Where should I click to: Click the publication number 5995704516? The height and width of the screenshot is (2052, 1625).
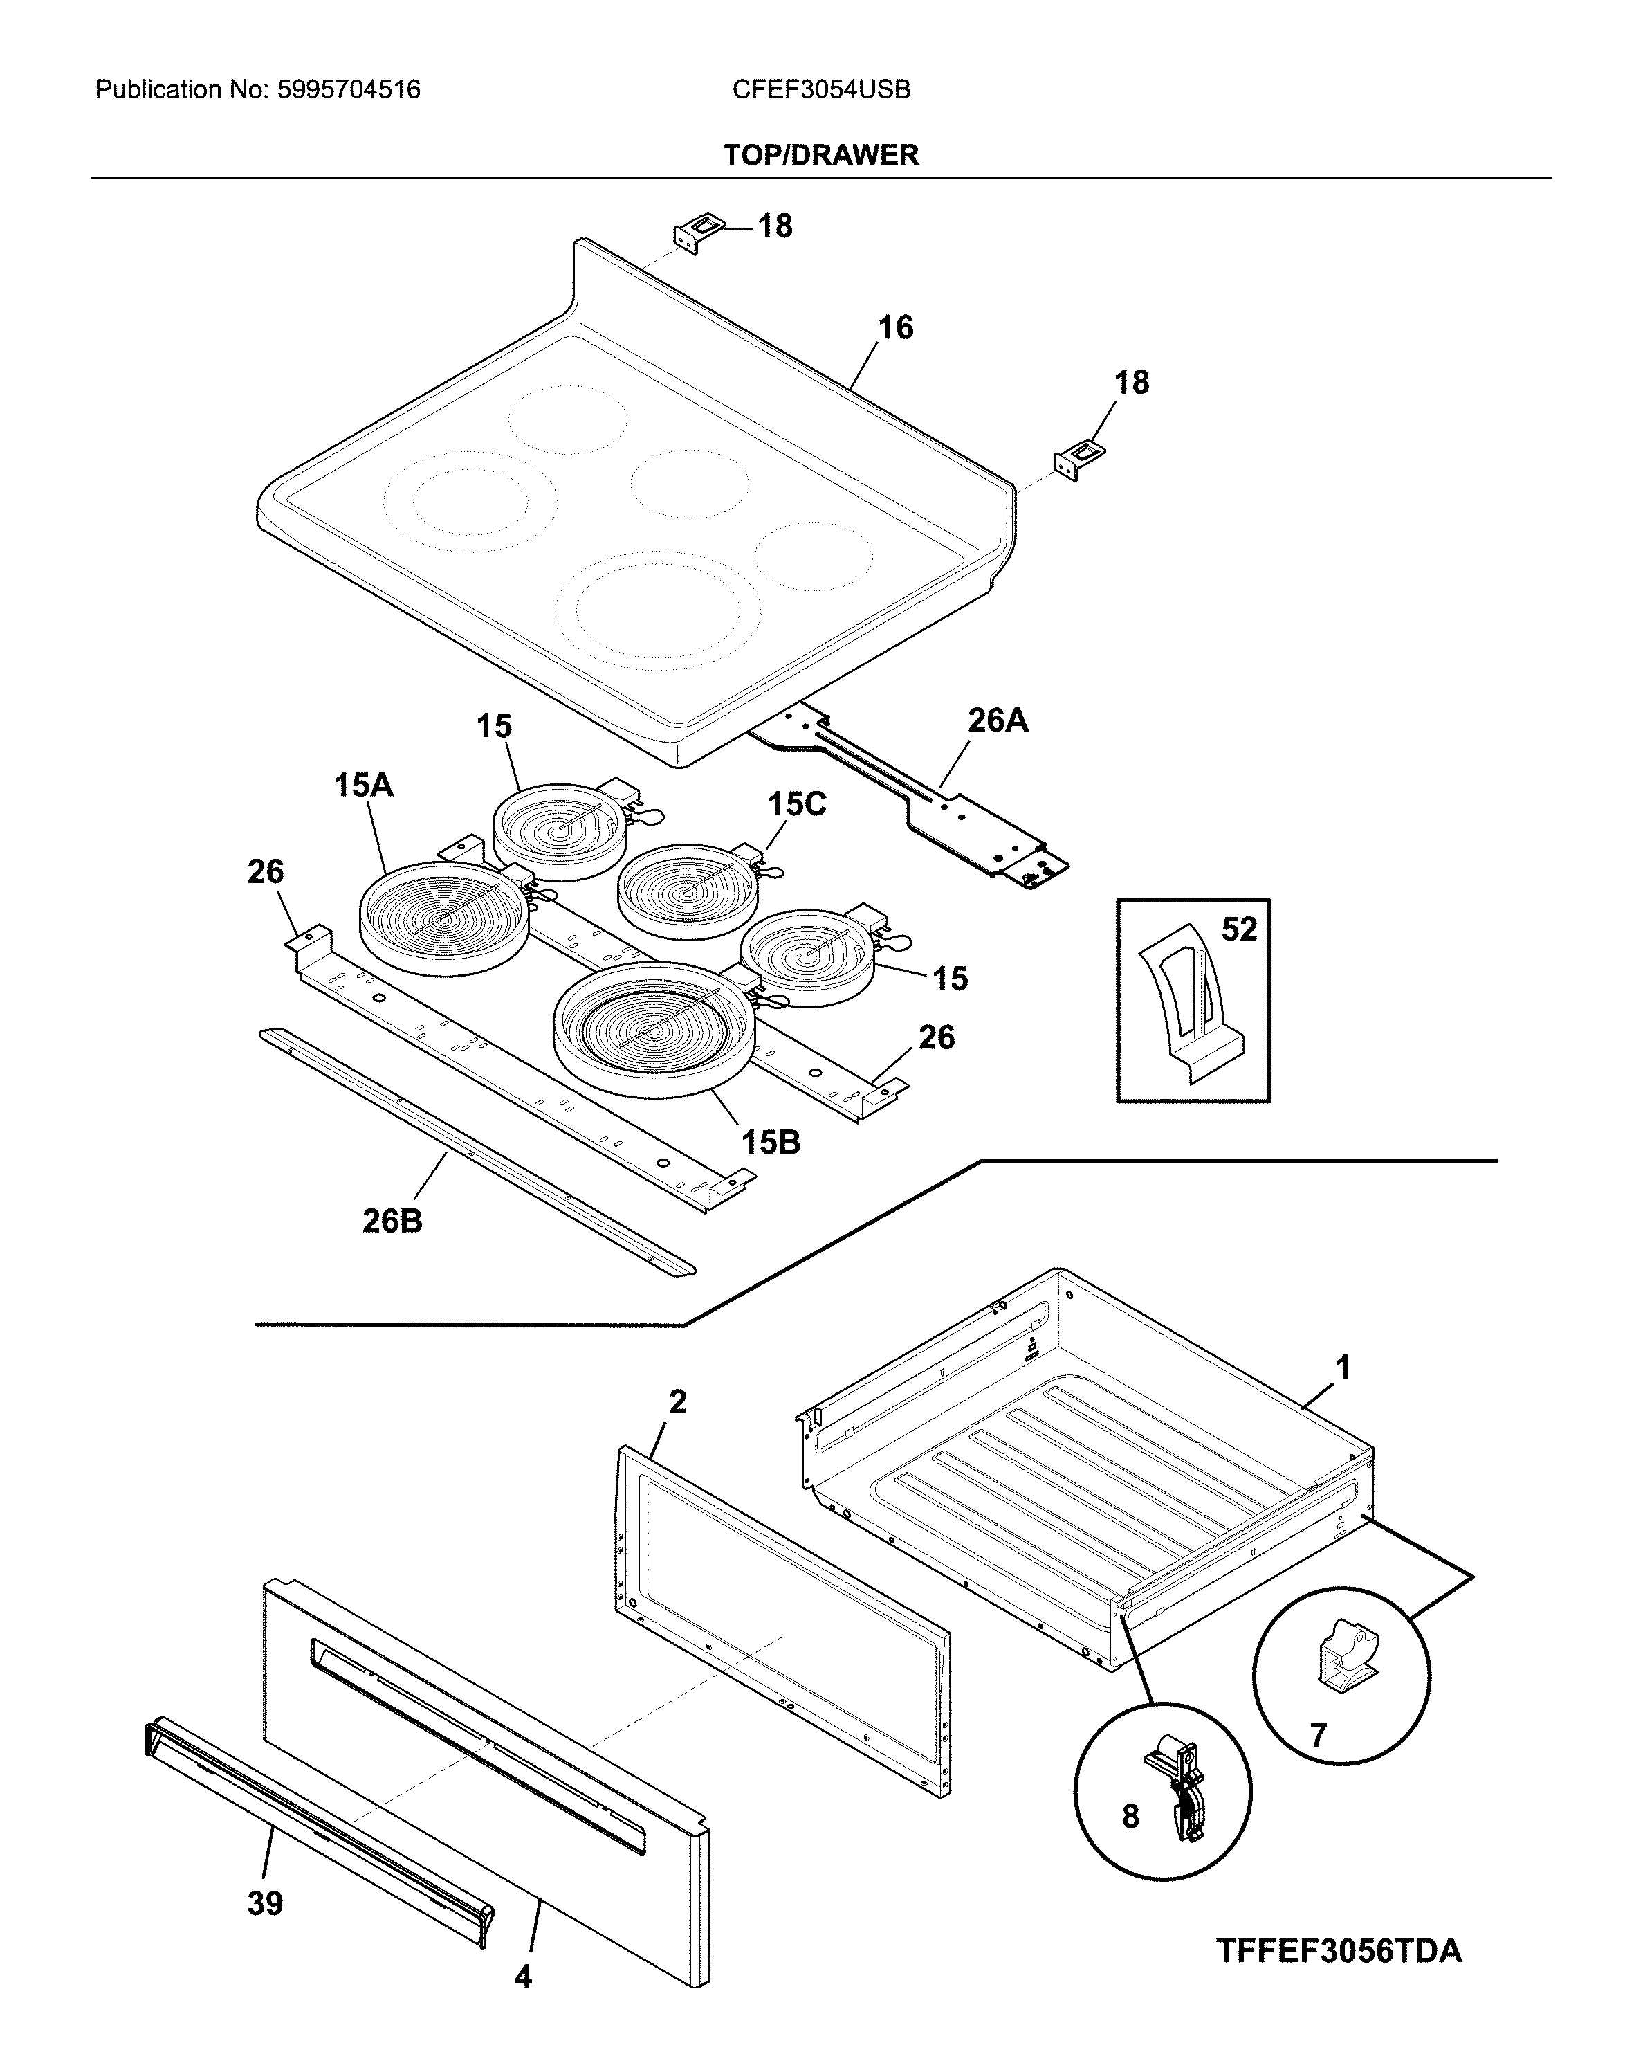[x=348, y=91]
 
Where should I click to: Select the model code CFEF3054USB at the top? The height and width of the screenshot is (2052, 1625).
[x=821, y=91]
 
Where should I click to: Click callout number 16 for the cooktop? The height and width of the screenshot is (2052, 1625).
[x=894, y=327]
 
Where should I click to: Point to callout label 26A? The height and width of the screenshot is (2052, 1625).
[x=998, y=720]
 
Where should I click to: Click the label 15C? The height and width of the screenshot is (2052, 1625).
[x=797, y=804]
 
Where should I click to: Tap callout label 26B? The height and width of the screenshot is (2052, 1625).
[x=392, y=1220]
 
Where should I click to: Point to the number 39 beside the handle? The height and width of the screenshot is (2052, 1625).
[x=266, y=1903]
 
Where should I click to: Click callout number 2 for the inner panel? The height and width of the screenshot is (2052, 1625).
[x=677, y=1402]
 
